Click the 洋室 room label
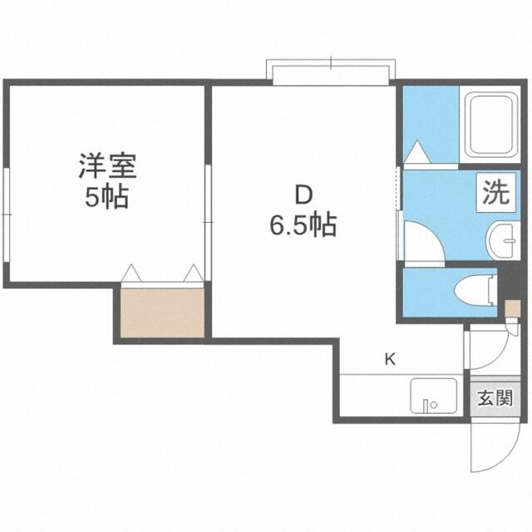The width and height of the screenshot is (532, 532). click(x=107, y=166)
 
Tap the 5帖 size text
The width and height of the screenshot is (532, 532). click(x=107, y=197)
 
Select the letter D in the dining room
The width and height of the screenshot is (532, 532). click(x=303, y=195)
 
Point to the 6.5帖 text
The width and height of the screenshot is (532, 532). click(x=303, y=224)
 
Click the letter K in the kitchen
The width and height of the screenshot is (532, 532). click(x=390, y=359)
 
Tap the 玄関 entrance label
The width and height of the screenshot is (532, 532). click(x=495, y=398)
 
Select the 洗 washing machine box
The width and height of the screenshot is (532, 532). click(x=495, y=192)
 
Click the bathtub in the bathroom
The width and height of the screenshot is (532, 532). click(x=490, y=126)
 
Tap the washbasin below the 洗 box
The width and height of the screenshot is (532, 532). click(x=503, y=240)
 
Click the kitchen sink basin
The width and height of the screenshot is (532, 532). click(x=433, y=396)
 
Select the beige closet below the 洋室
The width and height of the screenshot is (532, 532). click(x=163, y=313)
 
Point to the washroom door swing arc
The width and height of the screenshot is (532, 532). click(x=434, y=234)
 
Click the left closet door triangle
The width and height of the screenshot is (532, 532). click(x=131, y=273)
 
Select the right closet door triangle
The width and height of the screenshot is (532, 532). click(x=194, y=273)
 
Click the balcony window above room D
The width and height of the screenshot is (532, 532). click(x=331, y=72)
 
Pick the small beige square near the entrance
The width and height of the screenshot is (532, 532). click(x=512, y=308)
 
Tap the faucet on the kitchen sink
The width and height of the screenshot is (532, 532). click(x=426, y=406)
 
